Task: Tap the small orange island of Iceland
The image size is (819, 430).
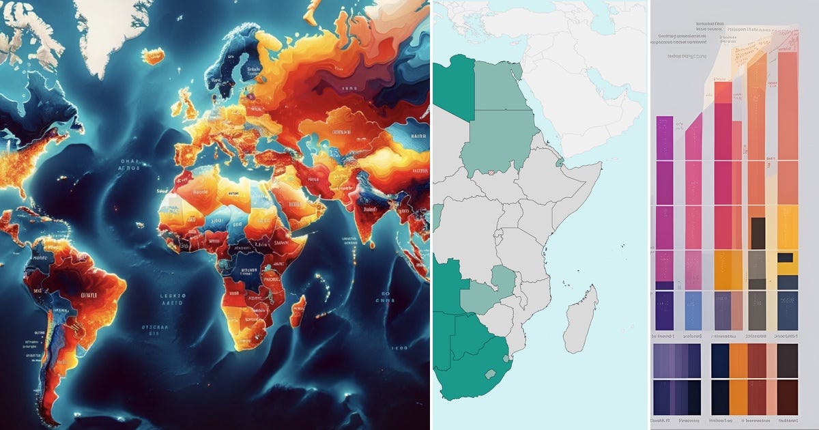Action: point(153,55)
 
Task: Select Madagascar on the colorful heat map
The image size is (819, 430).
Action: point(298,311)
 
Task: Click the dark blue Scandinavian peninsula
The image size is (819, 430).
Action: point(232,61)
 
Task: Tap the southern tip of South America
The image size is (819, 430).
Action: point(48,410)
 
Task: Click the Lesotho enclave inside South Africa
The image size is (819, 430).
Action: point(489,373)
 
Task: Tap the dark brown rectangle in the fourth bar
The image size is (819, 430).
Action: point(758,233)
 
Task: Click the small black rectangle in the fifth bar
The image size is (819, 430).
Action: point(786,257)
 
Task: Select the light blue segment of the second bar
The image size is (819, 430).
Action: point(693,311)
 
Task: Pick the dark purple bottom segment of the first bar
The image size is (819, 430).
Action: point(664,311)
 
